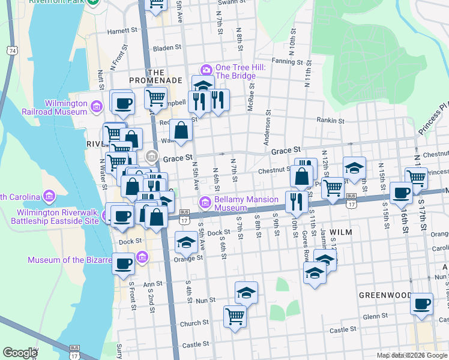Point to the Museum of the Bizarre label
tap(70, 260)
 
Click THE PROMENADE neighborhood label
tap(155, 76)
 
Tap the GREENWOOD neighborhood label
tap(385, 295)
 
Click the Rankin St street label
tap(331, 120)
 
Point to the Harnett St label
tap(122, 29)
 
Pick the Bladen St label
tap(167, 47)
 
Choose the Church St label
tap(194, 323)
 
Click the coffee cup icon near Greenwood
tap(422, 303)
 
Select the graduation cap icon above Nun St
tap(246, 293)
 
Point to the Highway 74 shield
tap(12, 52)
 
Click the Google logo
tap(20, 353)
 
